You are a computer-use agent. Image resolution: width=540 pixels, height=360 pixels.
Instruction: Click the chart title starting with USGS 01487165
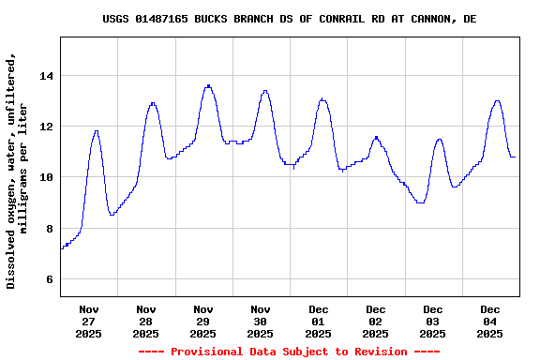[289, 19]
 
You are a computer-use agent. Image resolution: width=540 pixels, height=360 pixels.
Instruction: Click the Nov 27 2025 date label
[89, 322]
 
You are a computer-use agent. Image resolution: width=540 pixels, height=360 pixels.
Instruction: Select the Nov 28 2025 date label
[146, 322]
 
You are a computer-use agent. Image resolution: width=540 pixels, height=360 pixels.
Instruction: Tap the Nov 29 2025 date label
[203, 322]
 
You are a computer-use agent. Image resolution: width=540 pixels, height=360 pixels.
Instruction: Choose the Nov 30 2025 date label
[261, 322]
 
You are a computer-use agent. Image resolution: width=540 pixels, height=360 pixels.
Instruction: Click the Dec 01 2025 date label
[318, 322]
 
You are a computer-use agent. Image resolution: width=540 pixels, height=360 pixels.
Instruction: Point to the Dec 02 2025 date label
[375, 322]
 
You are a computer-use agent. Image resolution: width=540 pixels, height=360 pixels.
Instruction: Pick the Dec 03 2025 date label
[432, 322]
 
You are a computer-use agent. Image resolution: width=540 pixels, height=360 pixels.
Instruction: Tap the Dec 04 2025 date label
[489, 322]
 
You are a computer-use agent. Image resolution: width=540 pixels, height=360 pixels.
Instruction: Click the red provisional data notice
[289, 352]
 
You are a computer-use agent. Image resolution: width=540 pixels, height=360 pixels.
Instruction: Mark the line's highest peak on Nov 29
[208, 85]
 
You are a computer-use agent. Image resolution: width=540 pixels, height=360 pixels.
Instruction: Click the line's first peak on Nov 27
[96, 131]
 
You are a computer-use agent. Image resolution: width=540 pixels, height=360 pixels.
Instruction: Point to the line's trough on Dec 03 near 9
[420, 202]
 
